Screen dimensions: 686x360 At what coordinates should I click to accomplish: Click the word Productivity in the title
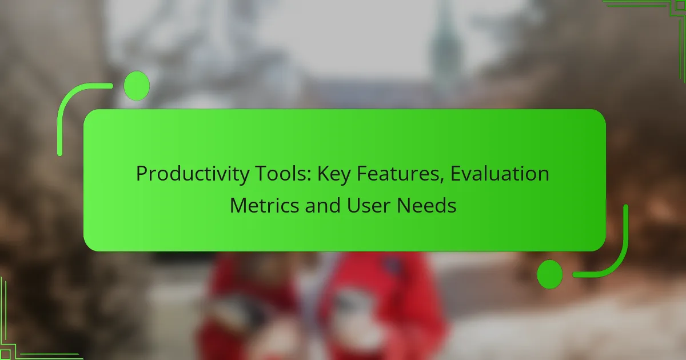point(193,174)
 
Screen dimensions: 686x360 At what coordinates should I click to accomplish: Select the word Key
point(334,174)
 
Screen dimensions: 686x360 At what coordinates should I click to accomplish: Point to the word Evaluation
point(500,173)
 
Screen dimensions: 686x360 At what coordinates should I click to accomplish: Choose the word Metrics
point(264,205)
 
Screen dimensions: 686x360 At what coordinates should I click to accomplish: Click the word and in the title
point(323,205)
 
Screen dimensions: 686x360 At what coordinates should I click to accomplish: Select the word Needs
point(426,205)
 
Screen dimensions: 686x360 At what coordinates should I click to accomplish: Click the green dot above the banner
point(137,86)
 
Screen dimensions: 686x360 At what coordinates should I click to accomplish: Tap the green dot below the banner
point(550,274)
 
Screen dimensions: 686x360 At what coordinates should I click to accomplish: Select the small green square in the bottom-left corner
point(5,354)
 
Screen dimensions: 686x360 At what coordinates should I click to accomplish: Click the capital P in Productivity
point(142,174)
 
